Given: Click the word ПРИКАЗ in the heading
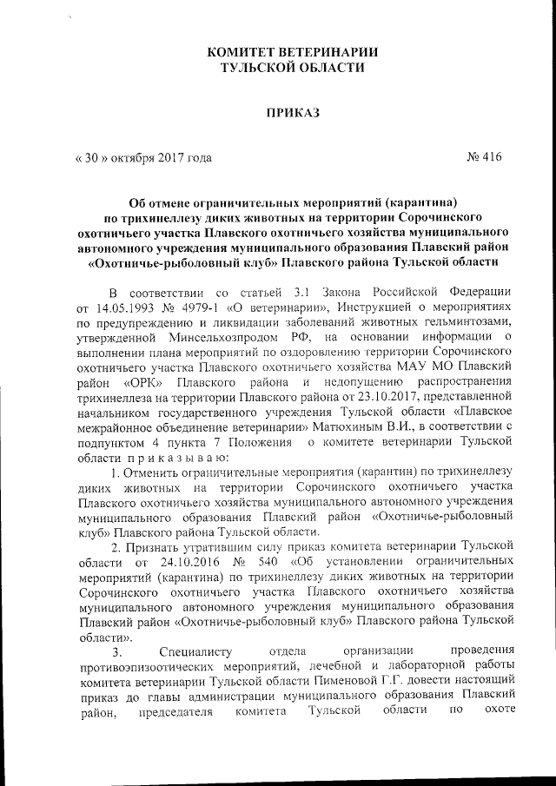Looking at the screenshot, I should (x=293, y=113).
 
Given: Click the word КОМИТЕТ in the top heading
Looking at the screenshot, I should (x=241, y=51).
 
